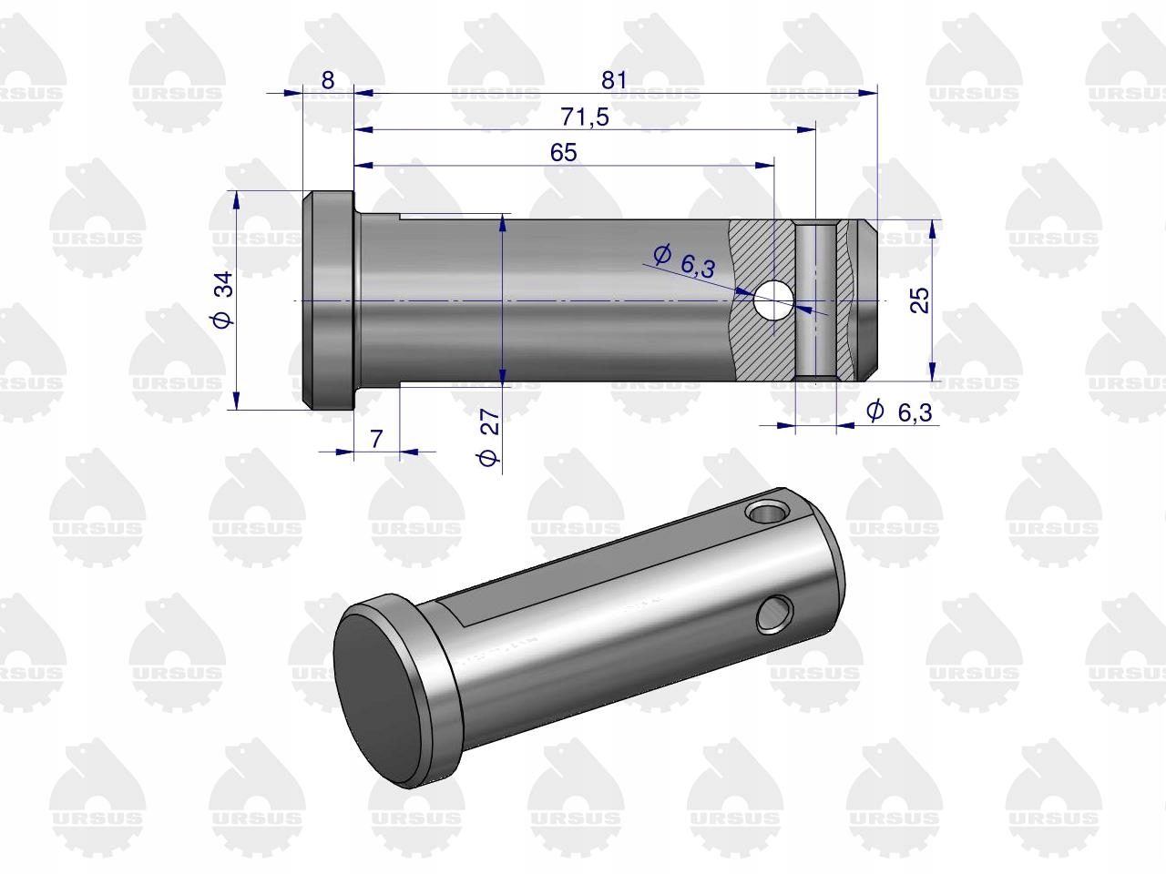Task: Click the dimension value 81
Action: pyautogui.click(x=614, y=80)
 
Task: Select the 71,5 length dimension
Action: pyautogui.click(x=585, y=117)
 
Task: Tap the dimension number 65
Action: pyautogui.click(x=564, y=153)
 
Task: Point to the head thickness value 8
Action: pyautogui.click(x=328, y=80)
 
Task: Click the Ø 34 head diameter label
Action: pyautogui.click(x=222, y=300)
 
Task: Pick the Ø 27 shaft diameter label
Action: pyautogui.click(x=489, y=437)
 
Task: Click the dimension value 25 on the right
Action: pyautogui.click(x=919, y=300)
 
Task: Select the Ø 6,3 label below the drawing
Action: pyautogui.click(x=899, y=412)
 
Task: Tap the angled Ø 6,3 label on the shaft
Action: pyautogui.click(x=685, y=261)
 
